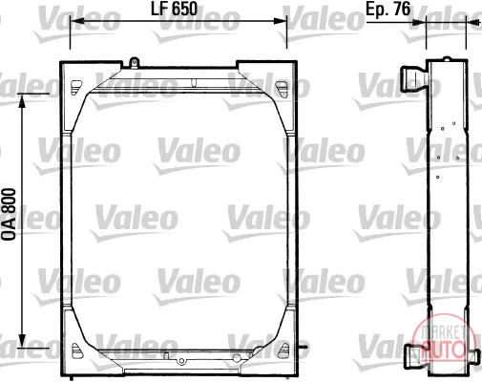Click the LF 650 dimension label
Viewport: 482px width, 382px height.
[x=174, y=9]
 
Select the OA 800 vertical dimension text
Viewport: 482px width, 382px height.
[x=9, y=215]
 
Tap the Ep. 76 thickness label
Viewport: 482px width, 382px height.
[x=388, y=9]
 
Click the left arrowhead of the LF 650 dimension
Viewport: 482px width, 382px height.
[x=76, y=21]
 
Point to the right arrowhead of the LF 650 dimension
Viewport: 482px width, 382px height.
[x=280, y=21]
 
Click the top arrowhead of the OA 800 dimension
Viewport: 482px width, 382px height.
[x=22, y=101]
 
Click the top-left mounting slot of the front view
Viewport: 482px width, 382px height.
[x=75, y=87]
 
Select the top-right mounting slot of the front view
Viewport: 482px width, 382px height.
[x=281, y=88]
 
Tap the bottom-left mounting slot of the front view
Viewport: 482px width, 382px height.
[x=75, y=350]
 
